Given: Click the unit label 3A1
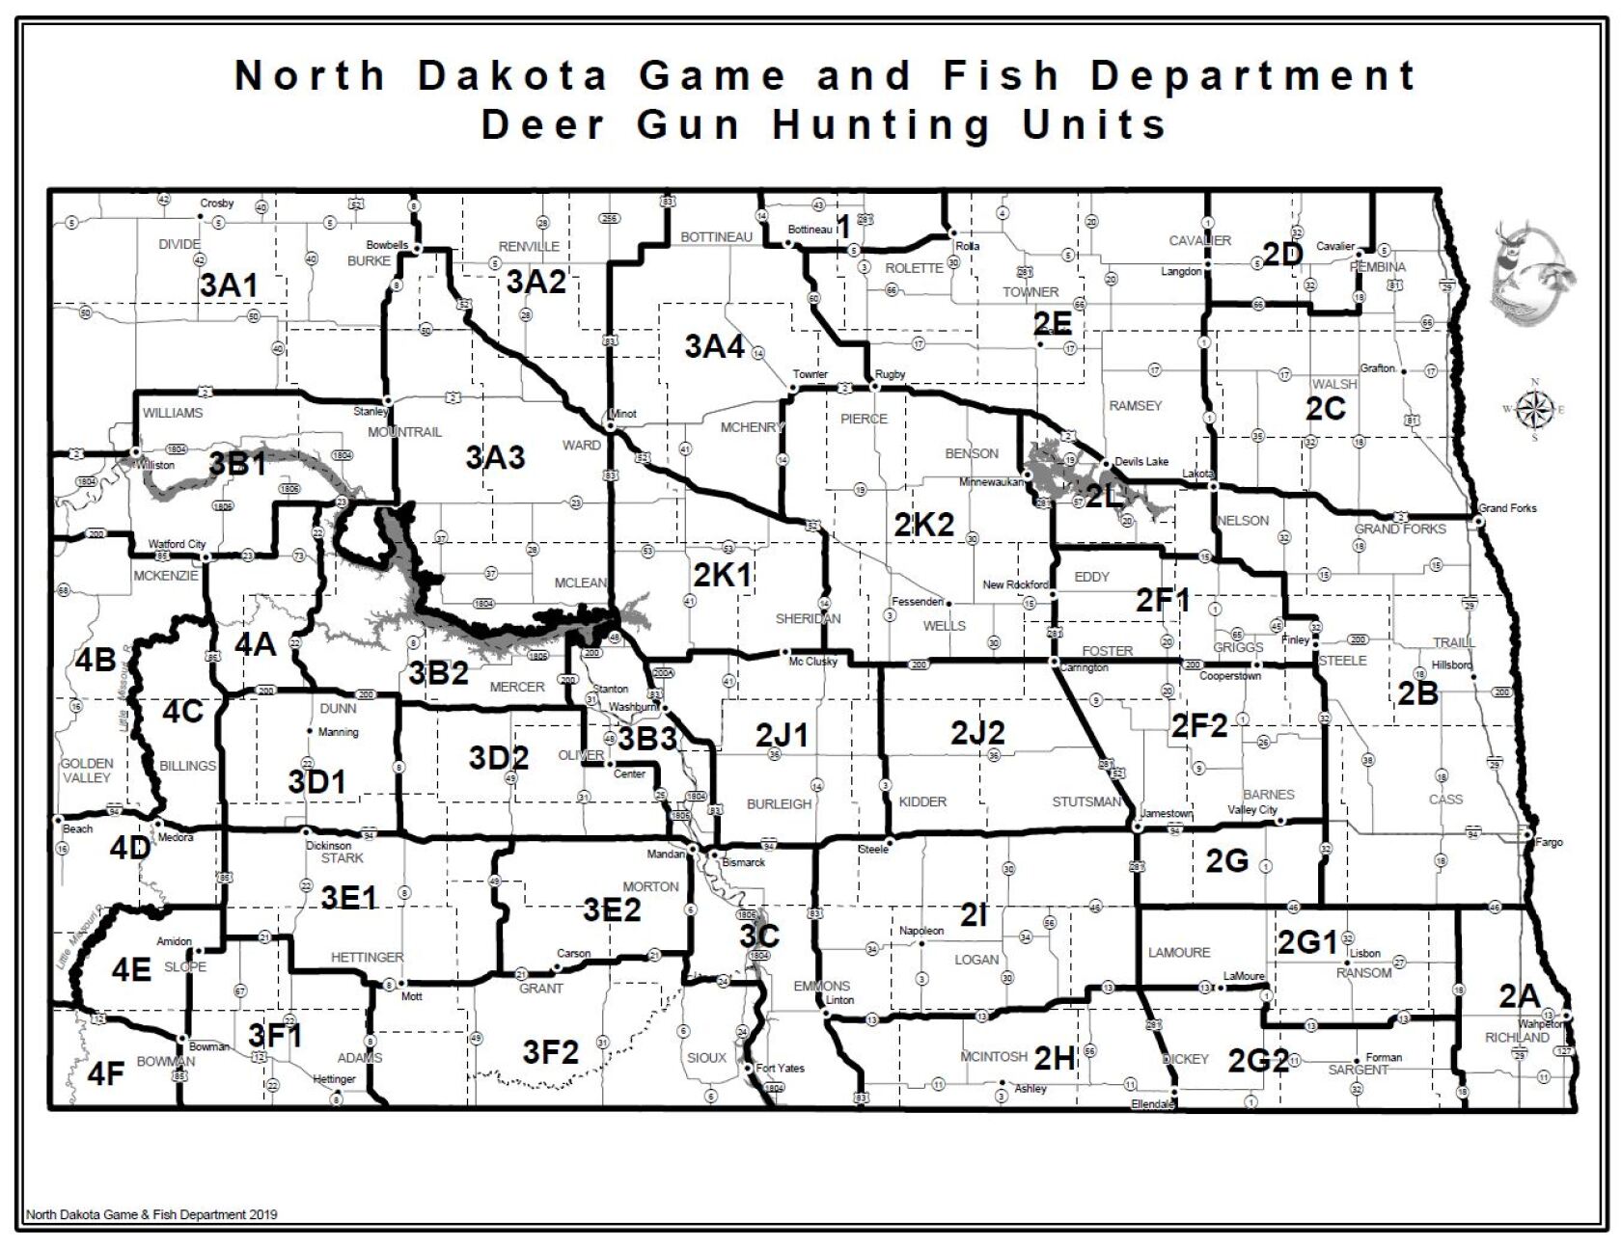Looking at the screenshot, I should point(230,285).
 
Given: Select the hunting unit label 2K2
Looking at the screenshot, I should point(923,525).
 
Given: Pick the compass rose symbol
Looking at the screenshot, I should point(1532,409).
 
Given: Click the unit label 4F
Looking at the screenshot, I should point(106,1072).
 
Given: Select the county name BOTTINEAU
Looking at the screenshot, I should point(716,237).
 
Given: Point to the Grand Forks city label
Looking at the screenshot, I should point(1507,508).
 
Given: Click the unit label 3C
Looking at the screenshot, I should point(759,936).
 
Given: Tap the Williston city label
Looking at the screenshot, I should point(155,465).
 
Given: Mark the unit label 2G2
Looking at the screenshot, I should point(1258,1061).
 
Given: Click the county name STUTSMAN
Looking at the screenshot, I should point(1086,801).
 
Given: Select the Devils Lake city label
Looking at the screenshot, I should point(1141,462).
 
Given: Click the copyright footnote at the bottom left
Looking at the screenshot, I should point(151,1214).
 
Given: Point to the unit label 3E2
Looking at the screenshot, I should point(612,909).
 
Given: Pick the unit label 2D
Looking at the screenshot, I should point(1283,254).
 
